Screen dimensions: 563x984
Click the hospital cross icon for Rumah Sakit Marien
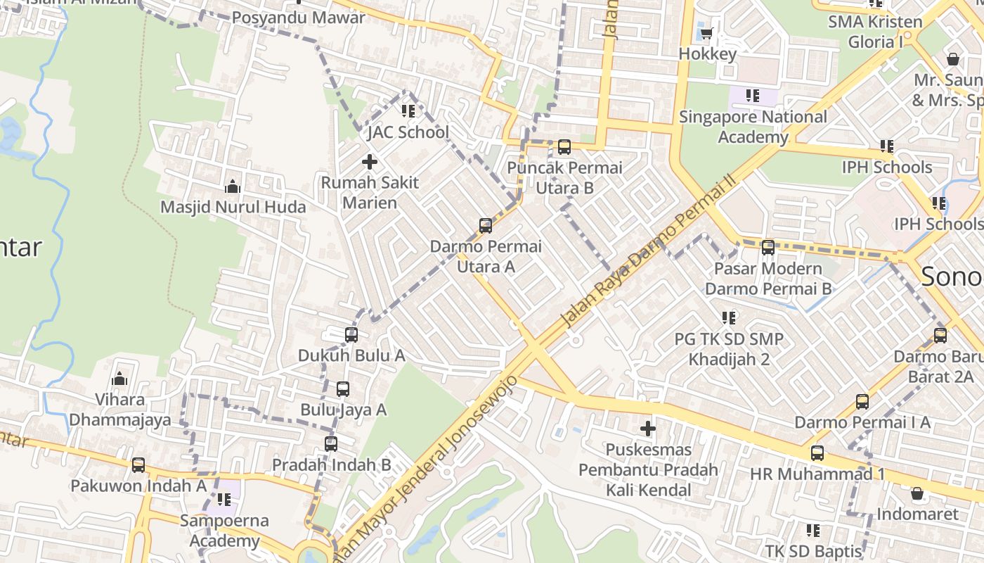click(369, 162)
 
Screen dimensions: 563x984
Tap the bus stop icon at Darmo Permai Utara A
click(485, 226)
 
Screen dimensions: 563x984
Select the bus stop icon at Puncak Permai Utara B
click(564, 147)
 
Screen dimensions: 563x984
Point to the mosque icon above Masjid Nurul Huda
click(232, 186)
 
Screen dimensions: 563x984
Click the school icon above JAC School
click(408, 111)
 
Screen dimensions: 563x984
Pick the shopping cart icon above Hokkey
click(706, 33)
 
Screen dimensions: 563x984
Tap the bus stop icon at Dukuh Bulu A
click(351, 335)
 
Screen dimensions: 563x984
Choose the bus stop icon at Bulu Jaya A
click(342, 389)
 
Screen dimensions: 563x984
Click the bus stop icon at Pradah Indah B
click(331, 444)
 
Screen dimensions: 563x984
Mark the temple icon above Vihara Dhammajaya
click(119, 379)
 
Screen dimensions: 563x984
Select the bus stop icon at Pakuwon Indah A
click(138, 465)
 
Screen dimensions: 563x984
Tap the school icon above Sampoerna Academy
click(224, 500)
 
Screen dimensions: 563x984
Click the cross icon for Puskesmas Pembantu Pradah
click(647, 428)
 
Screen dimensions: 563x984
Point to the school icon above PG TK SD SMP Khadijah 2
click(729, 318)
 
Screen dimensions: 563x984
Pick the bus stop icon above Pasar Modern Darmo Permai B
click(768, 248)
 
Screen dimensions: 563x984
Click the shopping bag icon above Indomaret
click(917, 493)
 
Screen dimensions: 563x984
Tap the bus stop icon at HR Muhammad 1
click(817, 453)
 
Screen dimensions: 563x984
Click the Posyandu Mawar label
click(299, 18)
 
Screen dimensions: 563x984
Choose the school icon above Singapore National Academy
click(753, 96)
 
